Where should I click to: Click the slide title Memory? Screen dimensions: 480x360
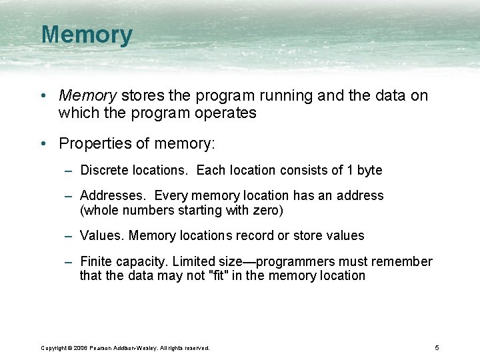(x=87, y=35)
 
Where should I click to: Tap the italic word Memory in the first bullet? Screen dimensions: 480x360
(x=86, y=96)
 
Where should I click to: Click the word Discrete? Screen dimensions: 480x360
(x=104, y=170)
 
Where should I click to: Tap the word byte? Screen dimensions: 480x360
(x=369, y=170)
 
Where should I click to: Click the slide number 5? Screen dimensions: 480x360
(x=437, y=347)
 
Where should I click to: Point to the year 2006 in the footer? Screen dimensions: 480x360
(x=81, y=348)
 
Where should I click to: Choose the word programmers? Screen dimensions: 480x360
(x=292, y=262)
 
